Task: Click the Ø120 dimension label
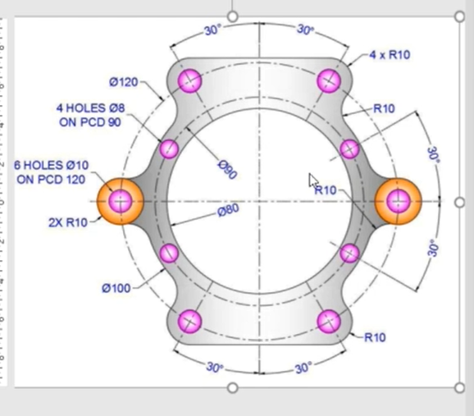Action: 124,82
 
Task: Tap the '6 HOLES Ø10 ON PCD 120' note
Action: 52,172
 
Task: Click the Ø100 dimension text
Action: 116,288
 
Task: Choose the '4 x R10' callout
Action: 390,55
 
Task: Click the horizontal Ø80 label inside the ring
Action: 228,210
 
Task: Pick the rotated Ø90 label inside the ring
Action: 227,169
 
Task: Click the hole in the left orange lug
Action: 121,201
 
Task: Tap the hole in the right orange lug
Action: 399,201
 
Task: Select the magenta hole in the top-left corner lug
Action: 190,80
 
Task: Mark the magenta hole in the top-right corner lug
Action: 330,80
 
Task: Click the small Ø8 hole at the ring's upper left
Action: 168,149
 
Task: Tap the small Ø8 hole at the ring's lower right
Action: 349,253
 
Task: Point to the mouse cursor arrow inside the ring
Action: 312,180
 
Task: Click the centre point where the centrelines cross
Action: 260,201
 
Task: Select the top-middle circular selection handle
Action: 232,16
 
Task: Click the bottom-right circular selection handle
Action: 459,387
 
